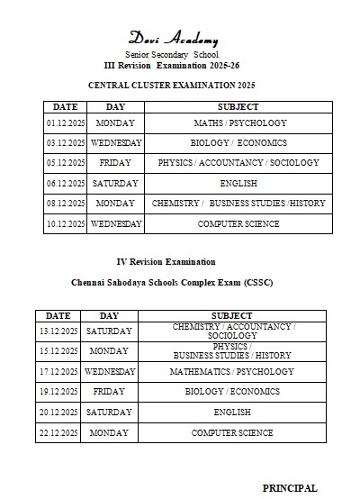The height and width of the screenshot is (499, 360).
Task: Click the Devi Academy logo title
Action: (x=173, y=38)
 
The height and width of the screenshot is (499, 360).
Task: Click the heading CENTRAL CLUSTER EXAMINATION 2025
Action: (x=172, y=85)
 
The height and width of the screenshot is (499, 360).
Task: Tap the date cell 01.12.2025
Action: (x=65, y=122)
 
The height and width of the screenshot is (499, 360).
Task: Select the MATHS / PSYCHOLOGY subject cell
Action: (x=240, y=122)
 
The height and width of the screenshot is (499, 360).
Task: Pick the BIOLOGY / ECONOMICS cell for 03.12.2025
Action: (x=238, y=142)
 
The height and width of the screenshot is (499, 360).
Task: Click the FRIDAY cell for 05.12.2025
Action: (x=115, y=163)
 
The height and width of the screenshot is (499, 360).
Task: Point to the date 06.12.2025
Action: (x=65, y=183)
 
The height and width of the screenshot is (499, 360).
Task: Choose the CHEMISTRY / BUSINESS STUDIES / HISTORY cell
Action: (x=238, y=204)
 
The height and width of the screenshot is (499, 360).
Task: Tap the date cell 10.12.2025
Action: (x=65, y=223)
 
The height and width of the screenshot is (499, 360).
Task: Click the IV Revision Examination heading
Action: (x=166, y=261)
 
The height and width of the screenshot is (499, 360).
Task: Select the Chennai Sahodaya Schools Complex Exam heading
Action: (x=172, y=282)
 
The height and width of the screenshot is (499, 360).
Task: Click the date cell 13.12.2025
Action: (x=58, y=331)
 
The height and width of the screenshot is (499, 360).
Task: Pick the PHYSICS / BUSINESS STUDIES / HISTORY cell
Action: (x=232, y=350)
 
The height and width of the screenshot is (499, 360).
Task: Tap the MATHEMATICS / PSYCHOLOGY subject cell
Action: (x=232, y=371)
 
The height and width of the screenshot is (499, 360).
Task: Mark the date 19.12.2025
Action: (x=58, y=392)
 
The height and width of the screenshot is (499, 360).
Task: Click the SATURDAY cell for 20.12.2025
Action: (x=109, y=412)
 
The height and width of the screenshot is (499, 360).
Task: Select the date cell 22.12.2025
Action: (x=58, y=432)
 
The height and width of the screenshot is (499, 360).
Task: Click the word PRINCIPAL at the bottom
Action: (x=290, y=487)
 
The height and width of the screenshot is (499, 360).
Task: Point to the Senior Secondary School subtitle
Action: (x=172, y=55)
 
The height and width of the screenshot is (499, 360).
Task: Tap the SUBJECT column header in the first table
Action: (x=239, y=106)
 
